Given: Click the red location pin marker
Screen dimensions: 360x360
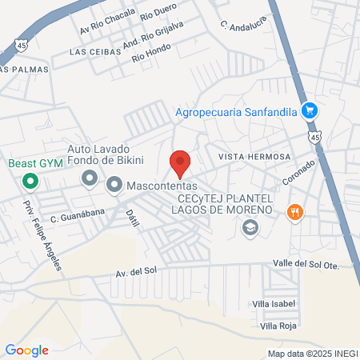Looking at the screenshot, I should click(x=180, y=162).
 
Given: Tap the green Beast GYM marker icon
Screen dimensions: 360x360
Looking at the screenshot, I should click(x=30, y=181).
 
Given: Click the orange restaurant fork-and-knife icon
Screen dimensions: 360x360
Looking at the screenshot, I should click(x=295, y=212).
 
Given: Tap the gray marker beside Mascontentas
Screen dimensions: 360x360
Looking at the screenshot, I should click(x=114, y=186).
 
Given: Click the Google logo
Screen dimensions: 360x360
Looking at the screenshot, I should click(x=26, y=350).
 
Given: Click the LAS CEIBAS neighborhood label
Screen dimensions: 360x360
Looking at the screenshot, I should click(x=95, y=51).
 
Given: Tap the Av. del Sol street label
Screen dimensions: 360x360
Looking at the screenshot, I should click(x=134, y=271).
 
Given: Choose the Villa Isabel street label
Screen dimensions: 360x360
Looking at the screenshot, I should click(x=274, y=304).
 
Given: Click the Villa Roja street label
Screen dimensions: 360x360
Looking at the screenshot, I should click(x=278, y=326).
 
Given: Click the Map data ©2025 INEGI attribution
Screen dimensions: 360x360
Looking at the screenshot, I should click(x=311, y=353).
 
